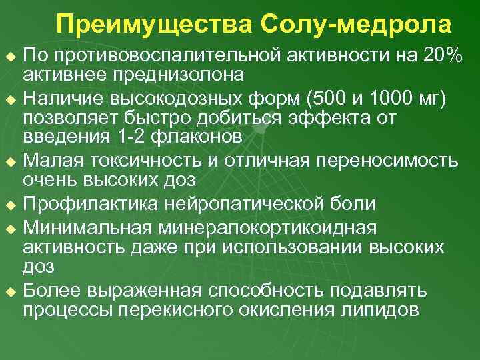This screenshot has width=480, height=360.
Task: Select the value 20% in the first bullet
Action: point(443,56)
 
